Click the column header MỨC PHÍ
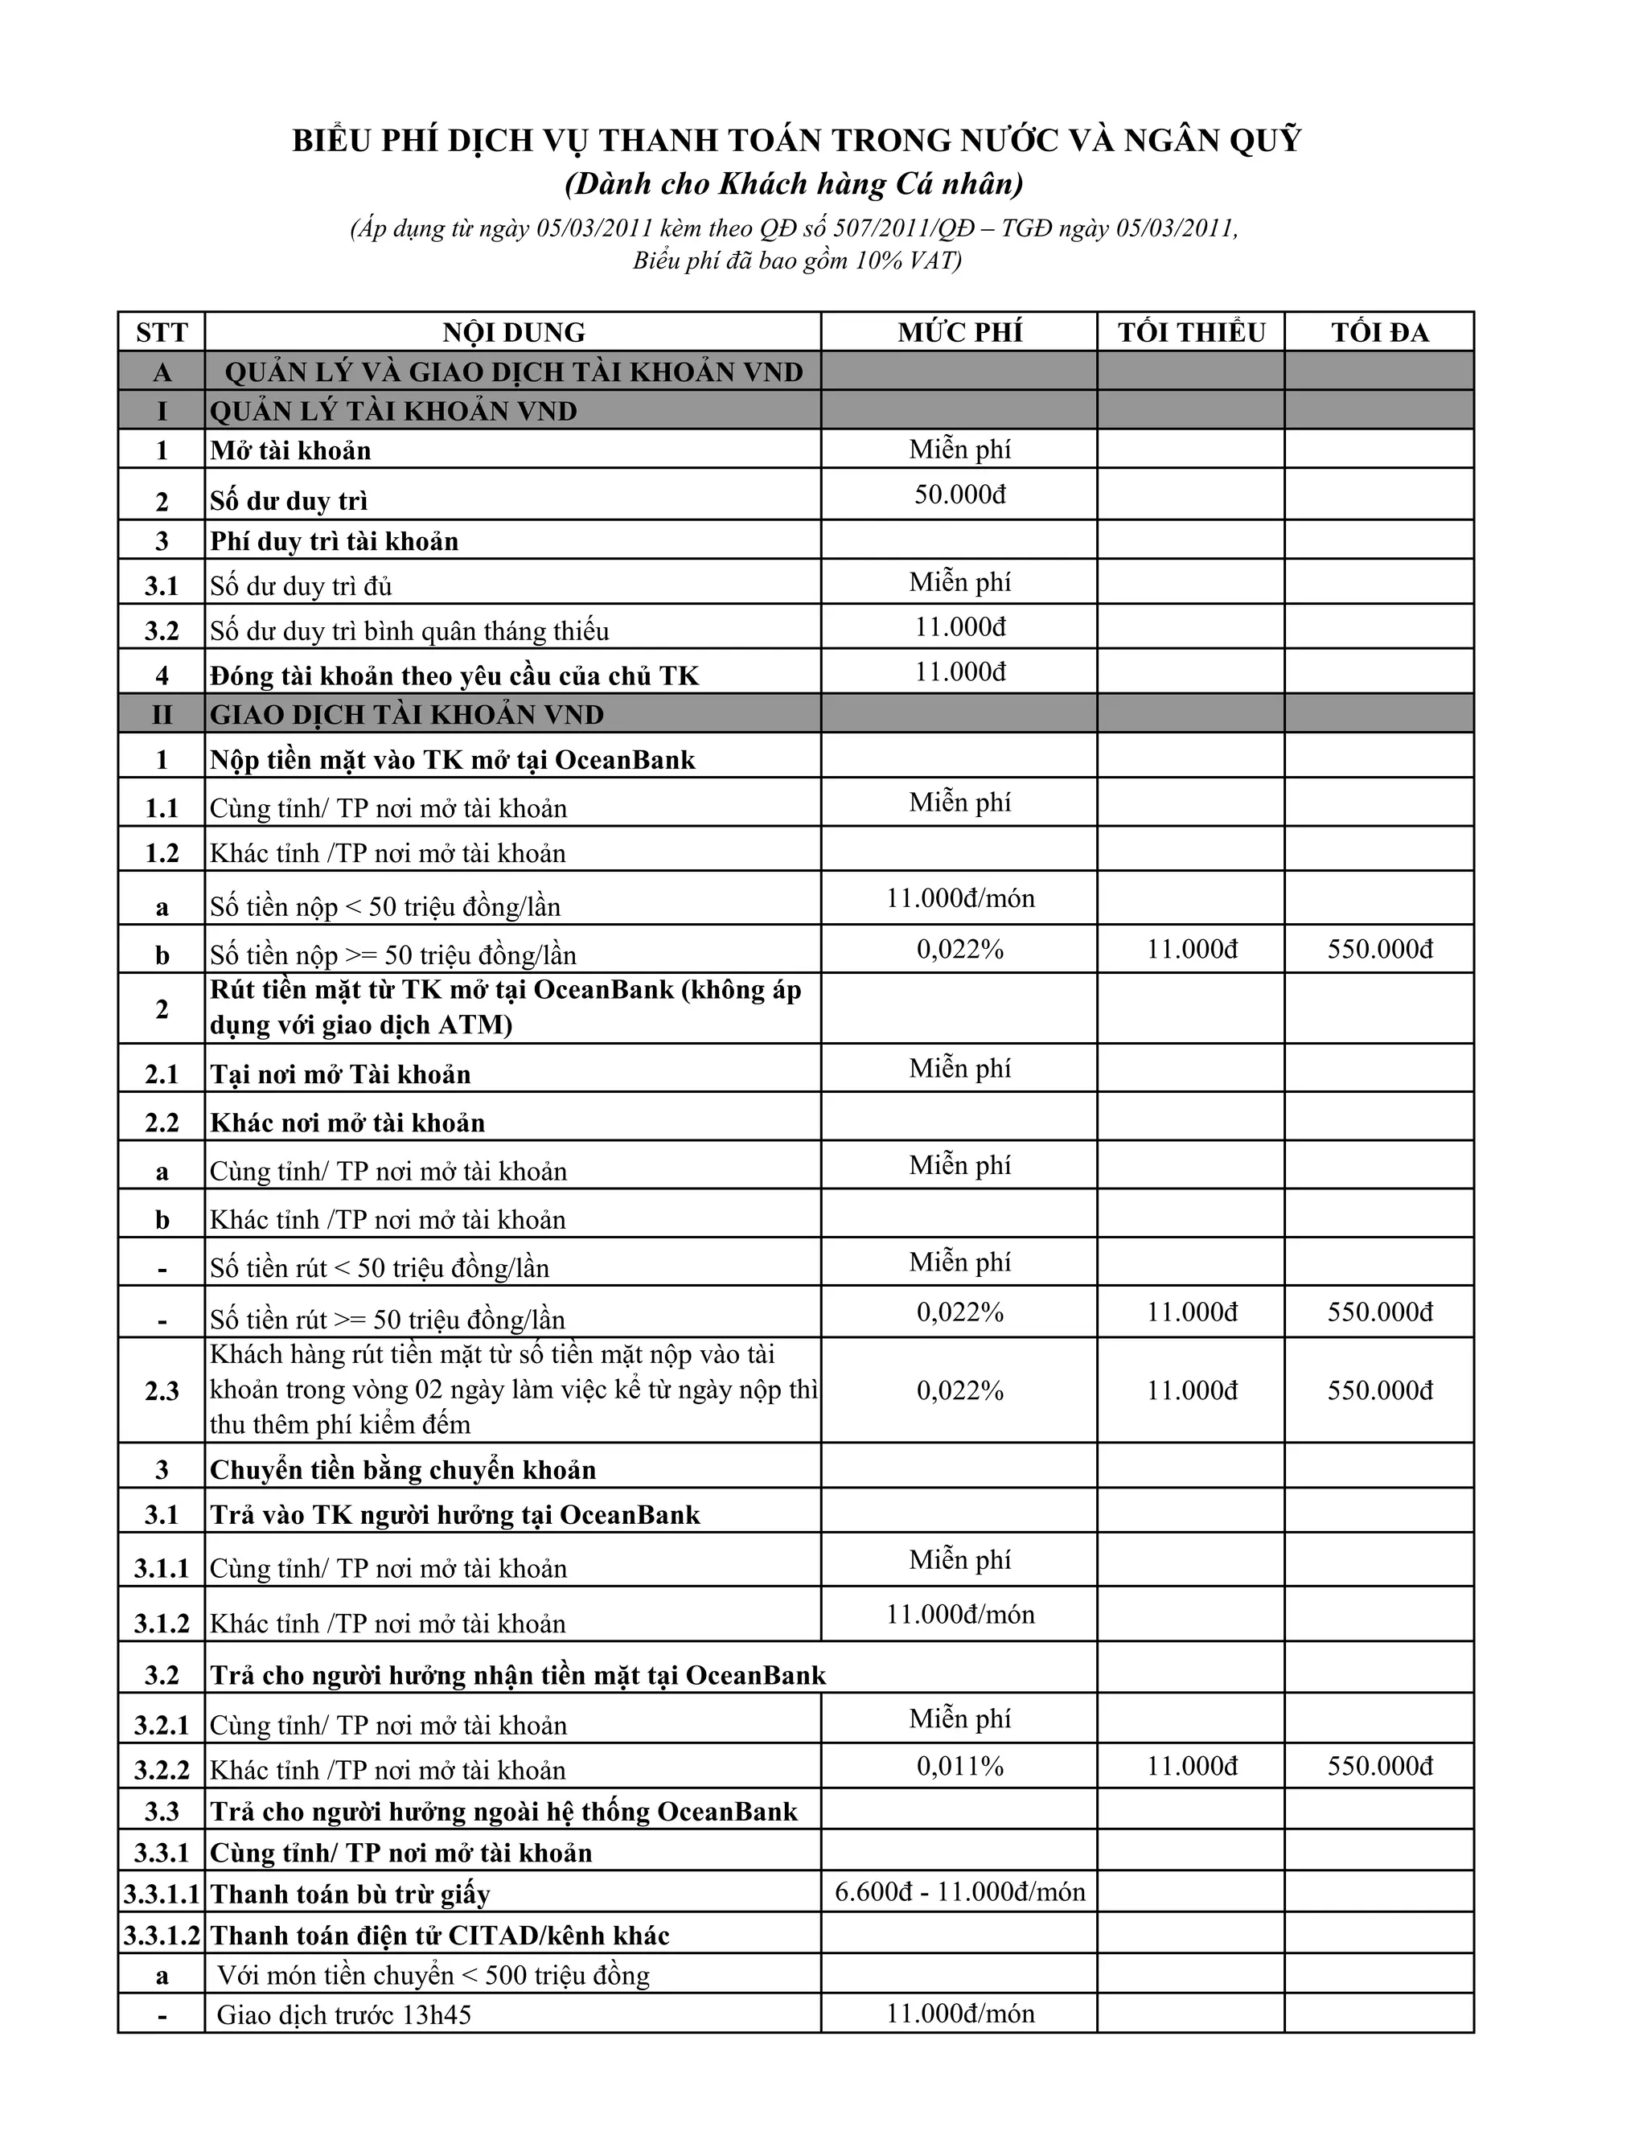coord(960,333)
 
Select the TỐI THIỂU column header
coord(1191,333)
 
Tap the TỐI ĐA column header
coord(1380,333)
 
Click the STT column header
coord(161,333)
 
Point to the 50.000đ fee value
coord(960,495)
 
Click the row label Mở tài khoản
coord(291,451)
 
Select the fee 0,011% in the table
coord(960,1766)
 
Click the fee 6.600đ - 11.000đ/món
coord(960,1892)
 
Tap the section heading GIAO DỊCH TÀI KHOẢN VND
coord(407,715)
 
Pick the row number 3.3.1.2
coord(162,1936)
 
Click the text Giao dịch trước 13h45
coord(343,2015)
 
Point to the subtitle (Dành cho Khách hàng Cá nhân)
coord(795,184)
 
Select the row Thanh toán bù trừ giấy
coord(351,1894)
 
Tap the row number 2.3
coord(162,1390)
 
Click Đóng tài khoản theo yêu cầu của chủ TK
coord(454,676)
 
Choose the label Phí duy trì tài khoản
coord(335,541)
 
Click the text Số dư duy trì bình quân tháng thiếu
coord(410,631)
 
